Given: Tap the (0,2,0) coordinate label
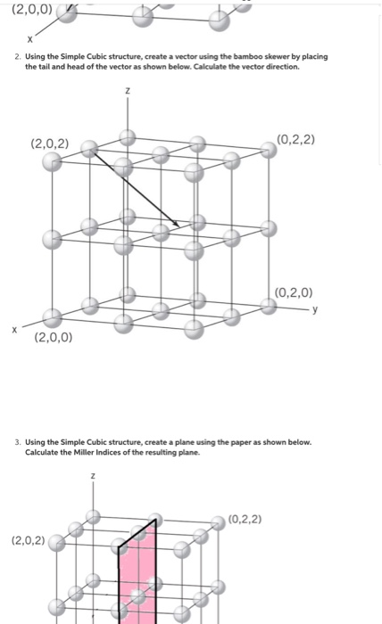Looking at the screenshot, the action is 294,291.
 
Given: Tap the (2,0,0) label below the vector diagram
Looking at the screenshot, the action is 54,338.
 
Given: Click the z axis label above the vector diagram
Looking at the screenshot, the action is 128,91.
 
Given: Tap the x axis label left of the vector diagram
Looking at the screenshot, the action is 14,329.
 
